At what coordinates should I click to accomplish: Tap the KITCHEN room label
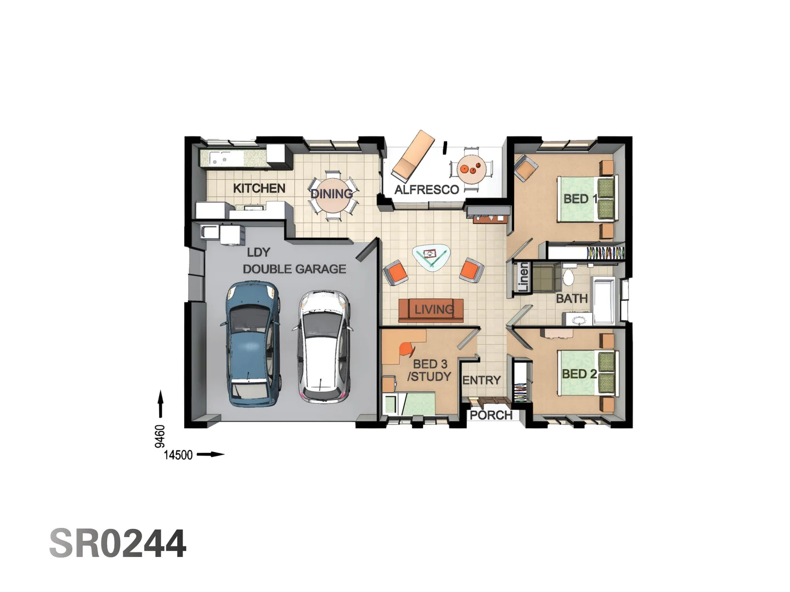pos(259,188)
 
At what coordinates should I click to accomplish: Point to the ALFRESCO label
pos(426,190)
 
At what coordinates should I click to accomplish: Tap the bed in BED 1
pos(584,198)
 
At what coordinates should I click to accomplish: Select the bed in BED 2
pos(584,373)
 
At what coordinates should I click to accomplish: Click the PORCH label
pos(490,415)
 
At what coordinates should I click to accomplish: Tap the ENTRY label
pos(481,380)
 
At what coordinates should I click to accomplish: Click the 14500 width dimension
pos(178,454)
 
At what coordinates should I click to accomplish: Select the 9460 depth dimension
pos(160,436)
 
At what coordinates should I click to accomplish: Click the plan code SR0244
pos(118,543)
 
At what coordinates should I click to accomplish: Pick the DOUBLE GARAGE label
pos(294,269)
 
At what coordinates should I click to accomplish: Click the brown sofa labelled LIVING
pos(431,310)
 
